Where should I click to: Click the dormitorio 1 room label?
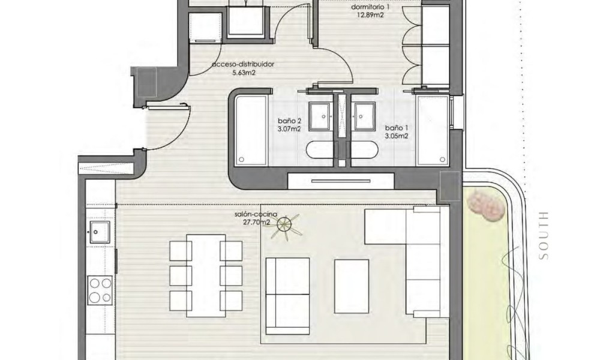click(x=370, y=7)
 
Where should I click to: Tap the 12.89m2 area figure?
click(x=370, y=16)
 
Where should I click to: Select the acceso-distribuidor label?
click(x=243, y=64)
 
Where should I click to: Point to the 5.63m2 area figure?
click(x=244, y=73)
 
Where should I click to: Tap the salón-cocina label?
click(x=256, y=215)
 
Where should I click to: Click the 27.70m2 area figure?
click(x=256, y=222)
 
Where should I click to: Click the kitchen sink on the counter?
click(x=100, y=232)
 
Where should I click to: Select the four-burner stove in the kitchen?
click(x=100, y=290)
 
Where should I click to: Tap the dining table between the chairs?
click(x=206, y=275)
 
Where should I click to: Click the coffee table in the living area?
click(x=352, y=287)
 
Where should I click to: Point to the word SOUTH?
click(x=544, y=235)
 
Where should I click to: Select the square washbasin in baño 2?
click(x=320, y=116)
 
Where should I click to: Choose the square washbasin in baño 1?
click(x=365, y=116)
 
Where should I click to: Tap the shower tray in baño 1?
click(x=433, y=130)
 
